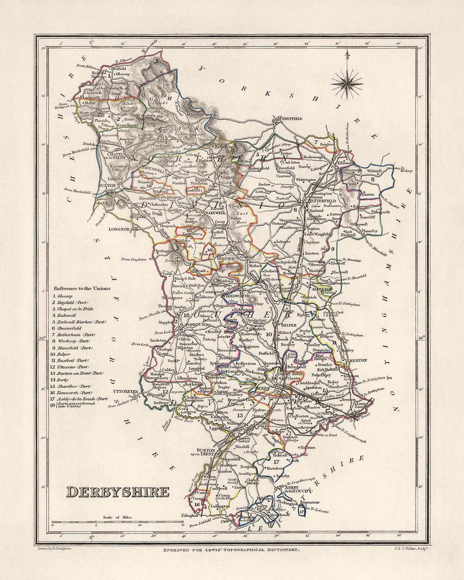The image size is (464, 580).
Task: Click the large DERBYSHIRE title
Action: coord(118,491)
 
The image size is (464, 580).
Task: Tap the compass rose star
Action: coord(346,81)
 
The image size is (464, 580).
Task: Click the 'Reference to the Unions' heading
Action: coord(81,289)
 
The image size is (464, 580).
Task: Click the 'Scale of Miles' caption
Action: coord(117,517)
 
